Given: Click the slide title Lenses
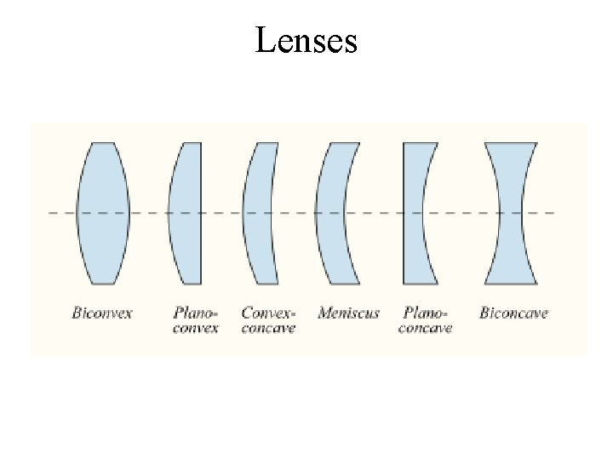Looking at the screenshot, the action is (x=306, y=40).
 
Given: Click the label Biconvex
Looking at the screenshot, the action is (x=102, y=313).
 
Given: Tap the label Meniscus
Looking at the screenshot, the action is (x=348, y=313).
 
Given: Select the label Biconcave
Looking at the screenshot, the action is (x=513, y=313).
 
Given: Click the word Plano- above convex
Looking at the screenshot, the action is (x=195, y=313).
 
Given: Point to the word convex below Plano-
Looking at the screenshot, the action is (x=195, y=328).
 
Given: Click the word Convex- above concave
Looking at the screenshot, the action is (x=268, y=313).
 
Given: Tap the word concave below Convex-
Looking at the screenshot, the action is (x=268, y=328).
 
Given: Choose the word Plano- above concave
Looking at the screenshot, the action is (x=426, y=313).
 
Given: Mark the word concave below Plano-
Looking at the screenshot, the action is (x=426, y=328).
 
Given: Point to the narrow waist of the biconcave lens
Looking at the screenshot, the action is (x=510, y=212).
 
